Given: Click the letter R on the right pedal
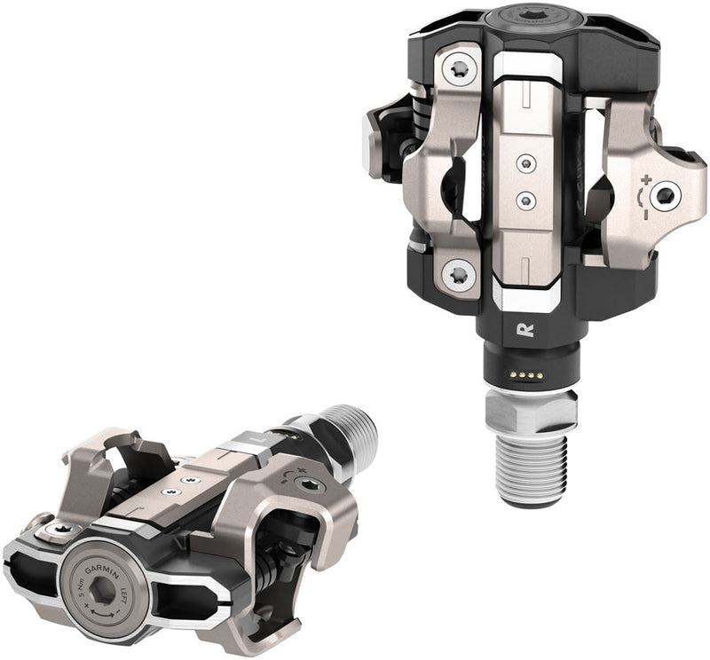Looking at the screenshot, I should [524, 330].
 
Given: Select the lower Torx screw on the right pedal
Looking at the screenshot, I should [459, 274].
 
